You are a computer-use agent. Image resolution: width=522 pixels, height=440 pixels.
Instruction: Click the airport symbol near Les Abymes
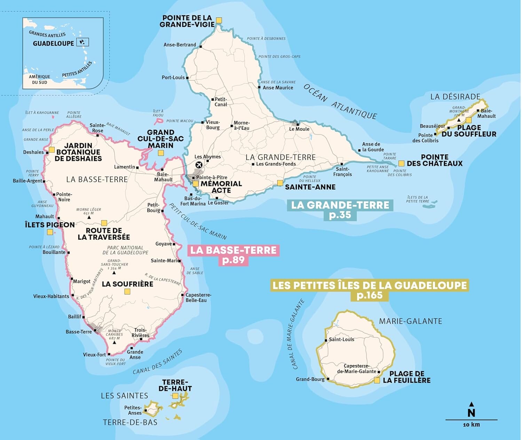(x=199, y=165)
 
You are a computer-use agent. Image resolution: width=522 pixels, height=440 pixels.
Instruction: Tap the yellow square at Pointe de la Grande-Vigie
(x=219, y=21)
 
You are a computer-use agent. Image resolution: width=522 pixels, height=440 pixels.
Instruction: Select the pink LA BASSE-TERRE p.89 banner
(x=234, y=255)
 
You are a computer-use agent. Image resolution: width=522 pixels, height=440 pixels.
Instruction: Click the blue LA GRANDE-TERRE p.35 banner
(x=340, y=210)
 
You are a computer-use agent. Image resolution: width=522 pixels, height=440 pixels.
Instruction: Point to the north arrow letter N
(x=471, y=413)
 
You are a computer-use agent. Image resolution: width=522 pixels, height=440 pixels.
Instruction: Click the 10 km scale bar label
(x=471, y=425)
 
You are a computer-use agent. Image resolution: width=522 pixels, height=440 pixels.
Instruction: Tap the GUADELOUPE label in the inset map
(x=53, y=44)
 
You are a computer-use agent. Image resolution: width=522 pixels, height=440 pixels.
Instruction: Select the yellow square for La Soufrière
(x=127, y=291)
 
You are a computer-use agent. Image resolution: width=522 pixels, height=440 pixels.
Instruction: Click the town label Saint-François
(x=343, y=172)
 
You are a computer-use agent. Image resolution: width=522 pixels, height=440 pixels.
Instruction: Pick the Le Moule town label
(x=299, y=129)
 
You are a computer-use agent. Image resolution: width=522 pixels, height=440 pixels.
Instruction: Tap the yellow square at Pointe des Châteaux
(x=401, y=163)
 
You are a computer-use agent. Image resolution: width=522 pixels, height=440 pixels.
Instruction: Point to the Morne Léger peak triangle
(x=89, y=217)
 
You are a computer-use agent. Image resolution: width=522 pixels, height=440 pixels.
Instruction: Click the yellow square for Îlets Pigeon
(x=50, y=232)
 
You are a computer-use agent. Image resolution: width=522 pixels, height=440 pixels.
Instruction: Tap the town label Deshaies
(x=33, y=152)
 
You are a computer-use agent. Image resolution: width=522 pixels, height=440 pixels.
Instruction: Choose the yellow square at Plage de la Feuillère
(x=377, y=380)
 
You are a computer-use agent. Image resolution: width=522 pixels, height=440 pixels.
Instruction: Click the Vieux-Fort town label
(x=94, y=355)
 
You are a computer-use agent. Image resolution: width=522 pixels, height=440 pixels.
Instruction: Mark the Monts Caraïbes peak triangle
(x=114, y=343)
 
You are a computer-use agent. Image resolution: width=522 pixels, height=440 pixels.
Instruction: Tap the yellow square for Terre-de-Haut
(x=175, y=396)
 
